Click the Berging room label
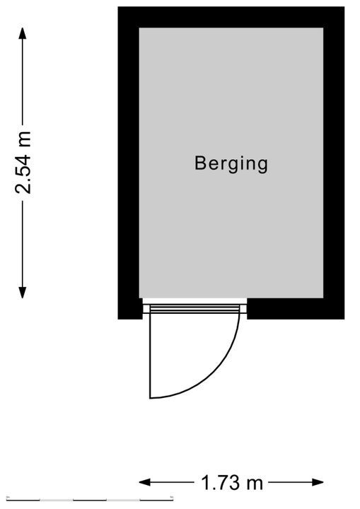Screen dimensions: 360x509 click(231, 164)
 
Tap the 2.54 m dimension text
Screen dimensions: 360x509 click(23, 163)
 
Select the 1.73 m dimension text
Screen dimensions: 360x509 click(232, 483)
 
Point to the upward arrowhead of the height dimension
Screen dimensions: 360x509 click(22, 33)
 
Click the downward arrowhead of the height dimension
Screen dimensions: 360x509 click(22, 293)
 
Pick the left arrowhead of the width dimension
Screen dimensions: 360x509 click(145, 482)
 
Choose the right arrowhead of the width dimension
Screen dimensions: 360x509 click(318, 482)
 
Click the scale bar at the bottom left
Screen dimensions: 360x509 click(90, 500)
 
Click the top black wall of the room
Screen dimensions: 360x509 click(231, 17)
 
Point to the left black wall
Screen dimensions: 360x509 click(129, 163)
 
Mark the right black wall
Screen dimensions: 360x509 click(334, 163)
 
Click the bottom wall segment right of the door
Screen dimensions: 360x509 click(296, 309)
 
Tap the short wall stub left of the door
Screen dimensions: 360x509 click(130, 309)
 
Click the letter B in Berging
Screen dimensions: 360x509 click(199, 163)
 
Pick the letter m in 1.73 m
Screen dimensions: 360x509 click(255, 484)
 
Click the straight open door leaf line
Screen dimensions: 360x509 click(150, 356)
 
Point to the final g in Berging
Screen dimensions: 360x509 click(262, 166)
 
